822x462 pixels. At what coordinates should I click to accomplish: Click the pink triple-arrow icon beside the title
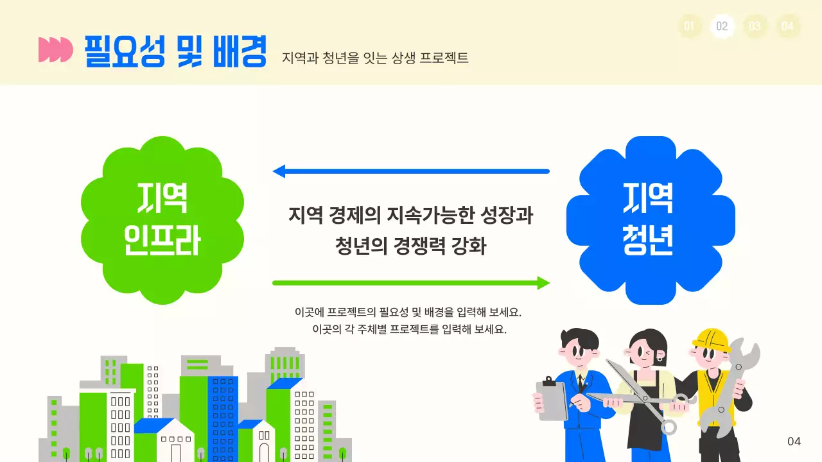pos(55,50)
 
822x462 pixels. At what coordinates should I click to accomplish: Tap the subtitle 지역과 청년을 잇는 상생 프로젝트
pos(375,58)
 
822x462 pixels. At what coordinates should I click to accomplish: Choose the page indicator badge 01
pos(689,26)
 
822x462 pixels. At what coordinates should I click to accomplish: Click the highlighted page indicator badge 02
pos(722,26)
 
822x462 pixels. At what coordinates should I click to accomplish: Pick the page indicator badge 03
pos(755,26)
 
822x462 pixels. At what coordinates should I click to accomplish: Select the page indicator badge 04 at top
pos(787,26)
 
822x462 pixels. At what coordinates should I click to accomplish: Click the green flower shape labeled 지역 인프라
pos(162,220)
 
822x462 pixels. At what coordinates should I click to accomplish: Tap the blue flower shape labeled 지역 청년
pos(650,220)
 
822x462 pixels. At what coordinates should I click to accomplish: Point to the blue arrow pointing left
pos(411,171)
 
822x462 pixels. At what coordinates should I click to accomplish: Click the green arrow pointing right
pos(411,283)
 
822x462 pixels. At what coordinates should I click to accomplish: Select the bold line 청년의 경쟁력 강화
pos(410,246)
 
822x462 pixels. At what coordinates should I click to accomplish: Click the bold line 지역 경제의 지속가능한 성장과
pos(410,215)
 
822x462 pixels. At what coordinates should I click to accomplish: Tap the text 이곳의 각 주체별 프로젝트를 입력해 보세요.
pos(409,330)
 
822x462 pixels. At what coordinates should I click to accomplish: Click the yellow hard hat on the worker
pos(712,339)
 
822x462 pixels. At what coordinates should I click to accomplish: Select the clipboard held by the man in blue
pos(552,400)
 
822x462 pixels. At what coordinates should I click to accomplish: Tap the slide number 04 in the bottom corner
pos(794,441)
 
